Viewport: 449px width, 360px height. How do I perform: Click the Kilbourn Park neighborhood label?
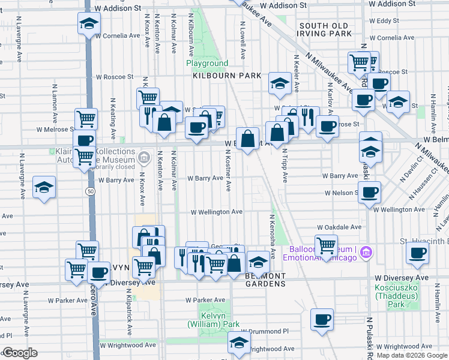pyautogui.click(x=227, y=76)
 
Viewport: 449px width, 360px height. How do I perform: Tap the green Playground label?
pyautogui.click(x=207, y=63)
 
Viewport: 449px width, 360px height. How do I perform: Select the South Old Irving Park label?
pyautogui.click(x=324, y=30)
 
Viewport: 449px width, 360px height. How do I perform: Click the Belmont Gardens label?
pyautogui.click(x=265, y=280)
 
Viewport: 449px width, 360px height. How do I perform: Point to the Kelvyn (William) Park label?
pyautogui.click(x=213, y=320)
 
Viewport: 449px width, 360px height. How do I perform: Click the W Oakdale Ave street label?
pyautogui.click(x=339, y=227)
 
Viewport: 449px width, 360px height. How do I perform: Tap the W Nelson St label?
pyautogui.click(x=340, y=193)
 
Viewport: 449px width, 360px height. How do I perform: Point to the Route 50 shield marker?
pyautogui.click(x=89, y=191)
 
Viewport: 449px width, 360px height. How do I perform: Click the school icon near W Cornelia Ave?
pyautogui.click(x=89, y=24)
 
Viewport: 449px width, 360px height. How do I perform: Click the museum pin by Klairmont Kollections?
pyautogui.click(x=143, y=158)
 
